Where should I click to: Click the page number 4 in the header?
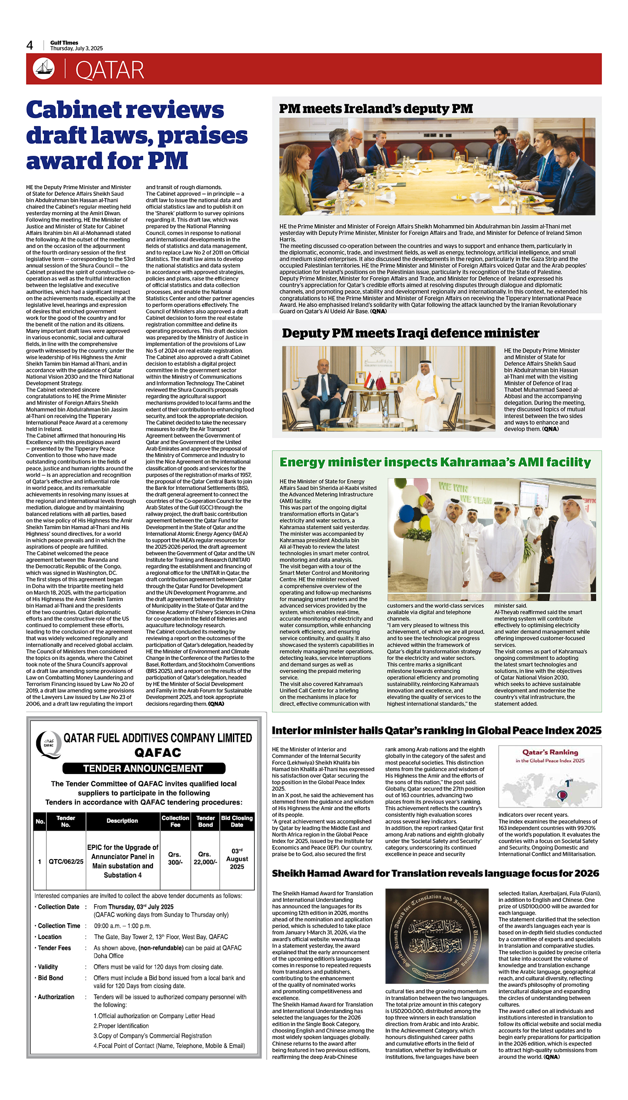coord(30,45)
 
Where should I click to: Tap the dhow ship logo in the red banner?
coord(44,68)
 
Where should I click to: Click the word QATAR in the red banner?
coord(110,70)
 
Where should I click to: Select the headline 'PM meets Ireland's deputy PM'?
coord(376,109)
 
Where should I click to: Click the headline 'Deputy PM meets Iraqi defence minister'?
coord(410,333)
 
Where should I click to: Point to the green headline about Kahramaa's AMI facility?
coord(435,462)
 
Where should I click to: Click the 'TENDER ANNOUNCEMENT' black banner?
coord(144,768)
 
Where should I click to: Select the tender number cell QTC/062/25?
coord(66,861)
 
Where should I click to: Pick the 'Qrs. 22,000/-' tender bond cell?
coord(205,858)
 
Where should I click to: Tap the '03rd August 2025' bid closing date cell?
coord(237,859)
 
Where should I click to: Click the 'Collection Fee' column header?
coord(175,821)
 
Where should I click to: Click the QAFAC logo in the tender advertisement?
coord(48,744)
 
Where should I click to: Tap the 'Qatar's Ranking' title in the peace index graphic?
coord(550,752)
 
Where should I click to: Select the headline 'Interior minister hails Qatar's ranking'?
coord(436,731)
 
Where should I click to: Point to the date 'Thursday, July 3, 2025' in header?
coord(77,48)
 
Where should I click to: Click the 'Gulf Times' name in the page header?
coord(64,42)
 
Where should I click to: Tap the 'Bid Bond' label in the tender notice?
coord(50,978)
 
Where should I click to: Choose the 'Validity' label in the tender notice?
coord(48,967)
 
